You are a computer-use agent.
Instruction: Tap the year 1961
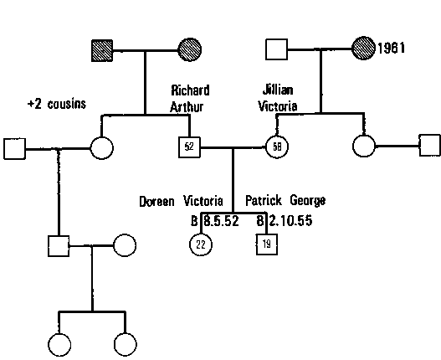click(391, 48)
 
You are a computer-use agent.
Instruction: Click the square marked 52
click(189, 148)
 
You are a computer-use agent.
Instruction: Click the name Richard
click(190, 90)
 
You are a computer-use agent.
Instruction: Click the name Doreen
click(159, 202)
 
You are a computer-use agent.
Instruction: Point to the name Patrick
click(265, 202)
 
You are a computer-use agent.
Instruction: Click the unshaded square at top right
click(275, 51)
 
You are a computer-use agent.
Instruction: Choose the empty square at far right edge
click(428, 147)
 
